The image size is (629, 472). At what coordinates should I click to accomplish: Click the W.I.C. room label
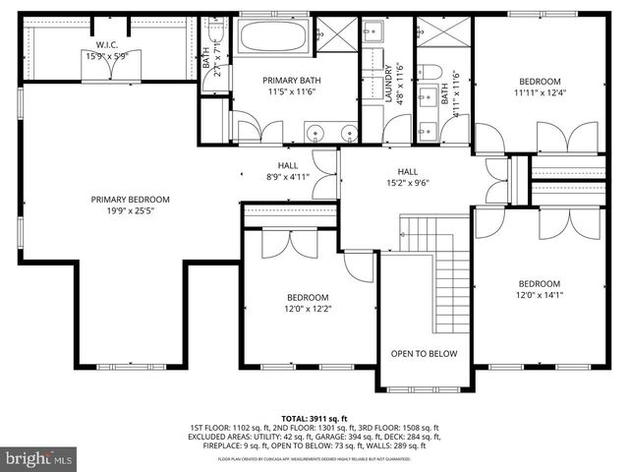(x=107, y=44)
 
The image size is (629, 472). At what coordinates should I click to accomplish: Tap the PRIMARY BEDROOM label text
(x=130, y=199)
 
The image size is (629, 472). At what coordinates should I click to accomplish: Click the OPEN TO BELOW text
(x=423, y=354)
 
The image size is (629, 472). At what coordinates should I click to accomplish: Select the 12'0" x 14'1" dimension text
(x=539, y=294)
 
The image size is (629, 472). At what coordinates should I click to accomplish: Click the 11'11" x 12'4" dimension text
(x=540, y=93)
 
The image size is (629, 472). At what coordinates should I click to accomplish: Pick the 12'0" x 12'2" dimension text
(x=308, y=309)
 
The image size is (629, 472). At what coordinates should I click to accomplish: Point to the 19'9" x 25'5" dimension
(x=130, y=210)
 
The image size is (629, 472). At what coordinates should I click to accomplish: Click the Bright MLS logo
(x=39, y=458)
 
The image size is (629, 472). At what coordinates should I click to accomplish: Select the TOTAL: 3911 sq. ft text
(x=314, y=417)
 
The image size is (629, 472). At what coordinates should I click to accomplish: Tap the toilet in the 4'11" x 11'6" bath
(x=432, y=74)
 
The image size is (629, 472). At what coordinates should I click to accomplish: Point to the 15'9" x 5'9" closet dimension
(x=107, y=56)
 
